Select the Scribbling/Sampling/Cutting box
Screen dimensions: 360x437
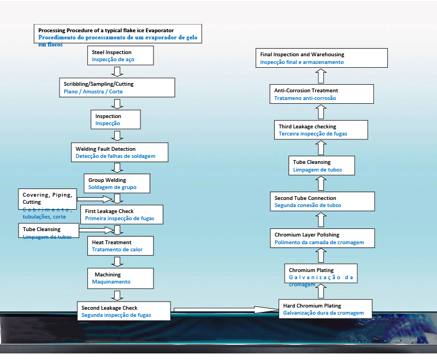coord(117,87)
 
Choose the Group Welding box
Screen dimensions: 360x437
coord(116,184)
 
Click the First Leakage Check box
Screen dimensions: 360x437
coord(121,215)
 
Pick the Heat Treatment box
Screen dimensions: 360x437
coord(119,246)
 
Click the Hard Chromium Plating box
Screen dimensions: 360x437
coord(325,309)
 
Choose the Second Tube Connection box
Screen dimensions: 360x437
coord(322,202)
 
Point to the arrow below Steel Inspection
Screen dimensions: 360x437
coord(116,72)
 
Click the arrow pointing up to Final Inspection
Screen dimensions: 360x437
coord(321,76)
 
